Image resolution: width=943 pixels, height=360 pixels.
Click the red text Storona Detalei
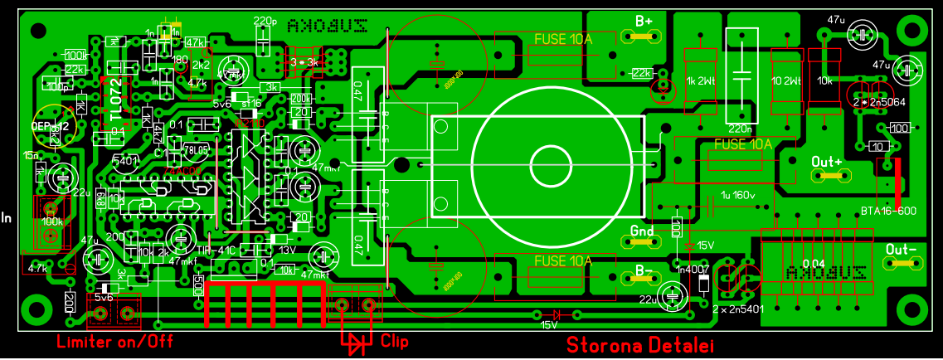click(639, 344)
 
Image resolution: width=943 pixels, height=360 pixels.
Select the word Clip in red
click(394, 340)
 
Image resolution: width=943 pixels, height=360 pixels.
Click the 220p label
click(265, 21)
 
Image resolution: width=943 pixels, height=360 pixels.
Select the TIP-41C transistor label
click(215, 249)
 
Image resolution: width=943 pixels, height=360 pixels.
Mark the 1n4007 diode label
click(693, 269)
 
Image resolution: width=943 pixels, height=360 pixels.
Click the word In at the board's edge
click(7, 218)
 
